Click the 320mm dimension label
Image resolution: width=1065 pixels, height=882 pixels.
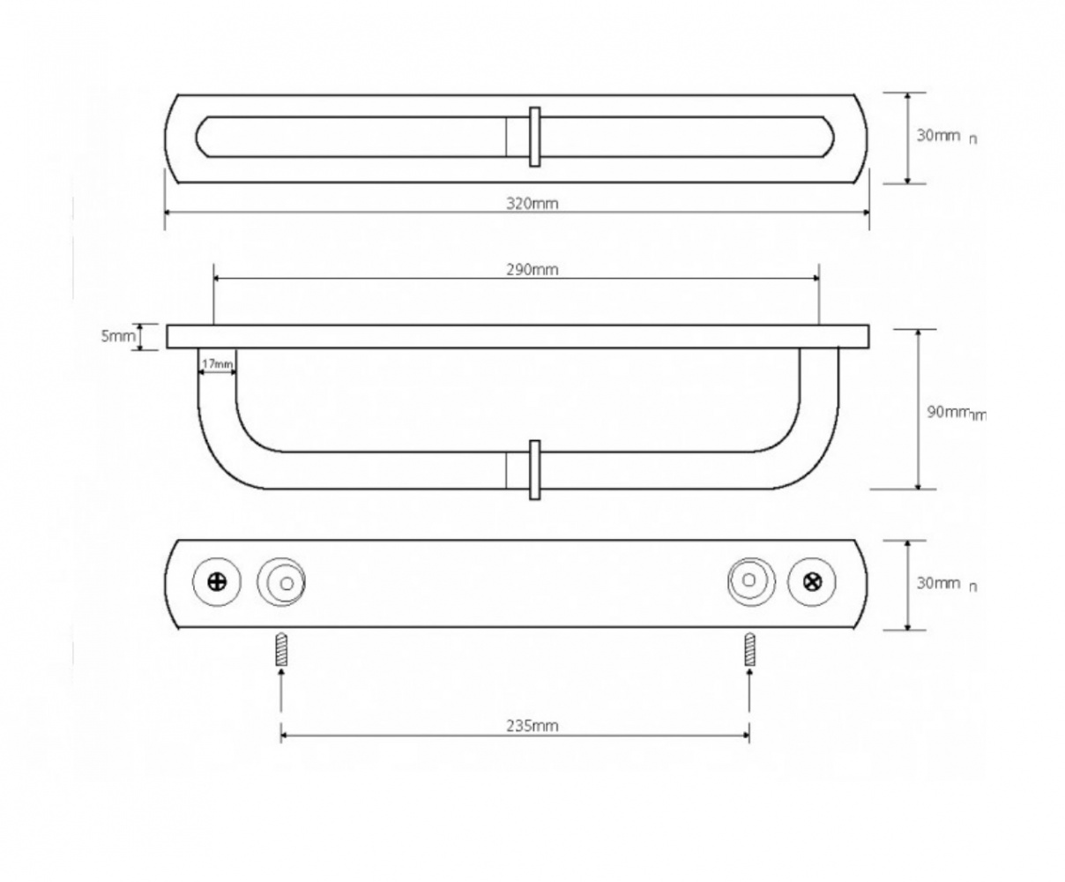[x=532, y=204]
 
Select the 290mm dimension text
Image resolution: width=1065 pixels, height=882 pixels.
[x=532, y=270]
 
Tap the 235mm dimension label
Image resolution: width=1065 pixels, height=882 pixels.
[x=532, y=726]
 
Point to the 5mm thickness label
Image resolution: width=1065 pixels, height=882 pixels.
[x=118, y=336]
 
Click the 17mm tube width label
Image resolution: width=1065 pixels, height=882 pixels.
[x=217, y=364]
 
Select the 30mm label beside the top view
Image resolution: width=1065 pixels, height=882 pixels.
[x=939, y=136]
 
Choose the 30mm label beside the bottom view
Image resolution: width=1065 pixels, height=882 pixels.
[x=939, y=583]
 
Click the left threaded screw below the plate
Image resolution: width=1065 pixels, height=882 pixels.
[x=281, y=649]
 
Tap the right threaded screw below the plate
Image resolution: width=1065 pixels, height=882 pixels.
[x=749, y=649]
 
